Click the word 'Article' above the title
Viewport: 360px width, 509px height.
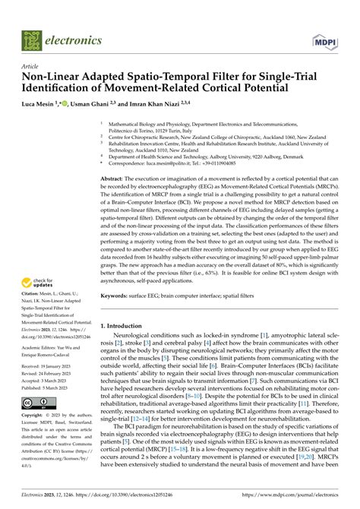(x=31, y=66)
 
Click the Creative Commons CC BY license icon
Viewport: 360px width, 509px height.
(x=36, y=403)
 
